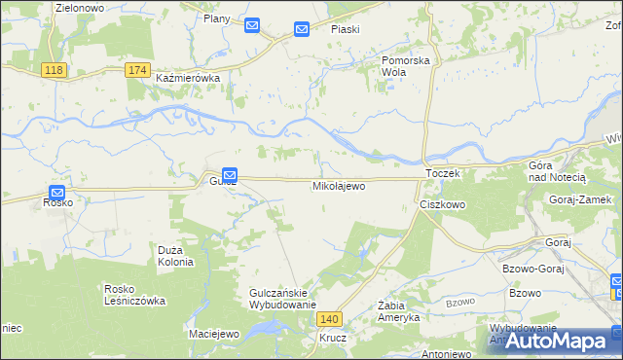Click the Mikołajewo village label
[339, 186]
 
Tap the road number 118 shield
[54, 70]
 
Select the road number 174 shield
[138, 70]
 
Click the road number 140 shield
[331, 319]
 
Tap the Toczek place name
[442, 172]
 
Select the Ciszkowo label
[443, 206]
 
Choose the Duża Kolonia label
[176, 256]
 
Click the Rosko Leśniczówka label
[135, 295]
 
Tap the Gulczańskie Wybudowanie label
[284, 299]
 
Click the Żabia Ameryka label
[398, 312]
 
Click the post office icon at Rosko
[57, 193]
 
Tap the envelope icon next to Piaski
[302, 29]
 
